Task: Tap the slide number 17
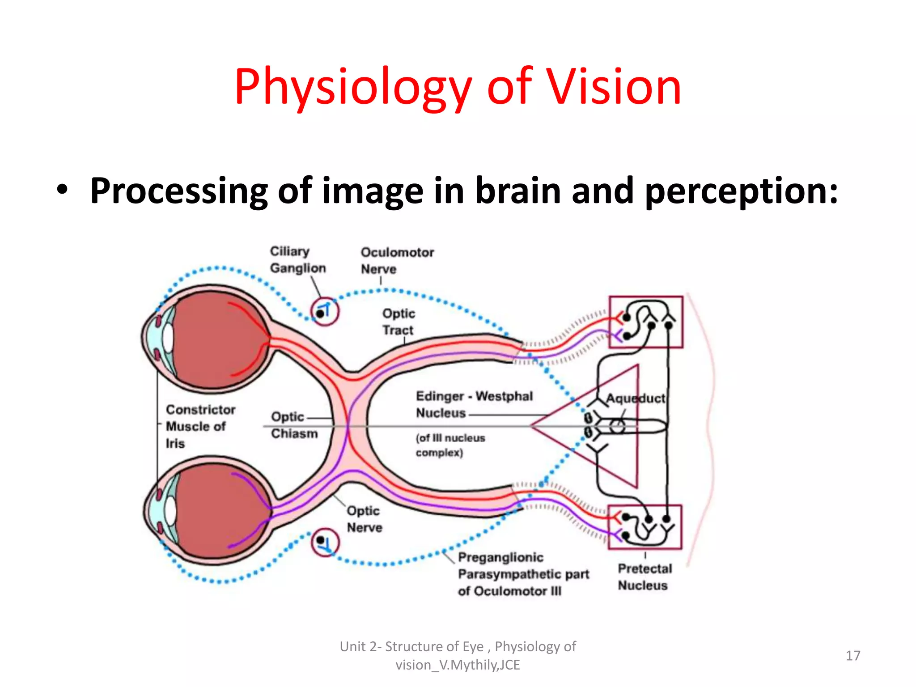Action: (853, 656)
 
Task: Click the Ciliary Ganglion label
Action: (297, 260)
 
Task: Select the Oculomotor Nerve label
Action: (397, 261)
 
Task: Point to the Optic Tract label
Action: (399, 322)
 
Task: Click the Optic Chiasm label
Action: (294, 425)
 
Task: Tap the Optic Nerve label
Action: (364, 519)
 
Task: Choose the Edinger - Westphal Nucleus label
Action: (474, 404)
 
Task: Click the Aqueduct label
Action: (636, 398)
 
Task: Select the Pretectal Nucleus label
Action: (645, 577)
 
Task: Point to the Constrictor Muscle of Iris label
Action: (200, 426)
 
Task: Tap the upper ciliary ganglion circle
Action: (325, 311)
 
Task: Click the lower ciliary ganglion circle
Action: (325, 543)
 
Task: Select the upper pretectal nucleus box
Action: (646, 322)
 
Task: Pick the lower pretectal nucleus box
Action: (645, 527)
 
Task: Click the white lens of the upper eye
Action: (168, 338)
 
